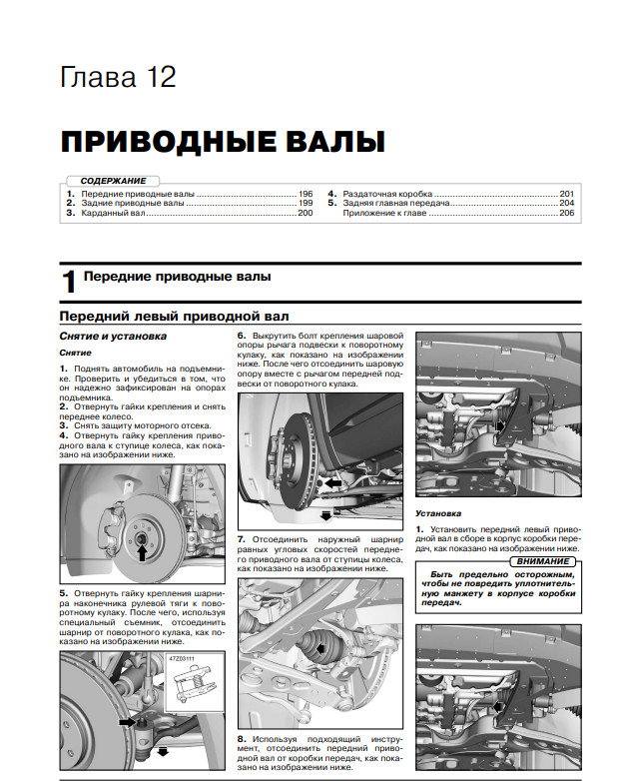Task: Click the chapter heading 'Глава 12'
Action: (x=118, y=77)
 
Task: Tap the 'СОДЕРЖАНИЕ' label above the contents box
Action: (x=112, y=181)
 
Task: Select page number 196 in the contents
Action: (x=305, y=193)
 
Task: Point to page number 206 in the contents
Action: (x=566, y=213)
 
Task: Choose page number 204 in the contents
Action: (x=566, y=203)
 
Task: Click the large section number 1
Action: (x=69, y=281)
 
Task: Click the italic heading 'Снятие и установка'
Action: (x=112, y=337)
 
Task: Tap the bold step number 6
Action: (x=242, y=334)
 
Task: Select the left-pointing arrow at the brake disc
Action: (x=332, y=481)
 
